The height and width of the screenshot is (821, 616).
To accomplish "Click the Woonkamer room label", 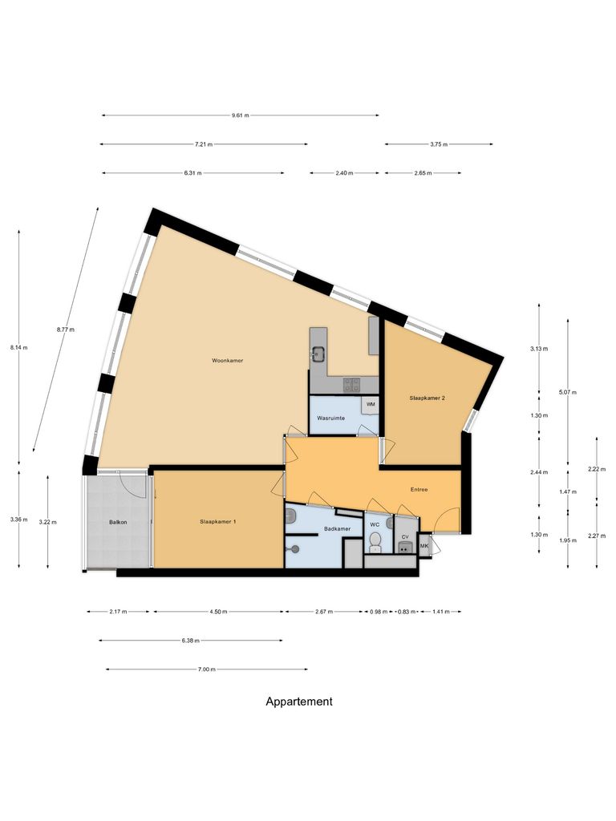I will point(228,361).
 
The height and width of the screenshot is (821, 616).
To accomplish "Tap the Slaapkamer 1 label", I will point(217,522).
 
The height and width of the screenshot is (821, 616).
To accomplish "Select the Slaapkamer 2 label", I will point(426,398).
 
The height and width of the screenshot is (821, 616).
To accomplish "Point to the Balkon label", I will point(119,523).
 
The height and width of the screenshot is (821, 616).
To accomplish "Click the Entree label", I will point(419,489).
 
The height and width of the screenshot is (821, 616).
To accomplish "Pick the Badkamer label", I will point(337,529).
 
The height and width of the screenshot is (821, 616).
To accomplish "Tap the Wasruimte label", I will point(331,419).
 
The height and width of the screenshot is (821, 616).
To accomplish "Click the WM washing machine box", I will point(371,404).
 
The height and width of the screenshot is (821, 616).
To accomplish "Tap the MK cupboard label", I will point(424,547).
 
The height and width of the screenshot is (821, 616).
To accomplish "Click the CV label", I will point(405,536).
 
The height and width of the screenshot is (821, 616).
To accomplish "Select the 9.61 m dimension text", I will point(241,115).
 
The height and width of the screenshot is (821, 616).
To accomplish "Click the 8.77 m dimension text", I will point(66,330).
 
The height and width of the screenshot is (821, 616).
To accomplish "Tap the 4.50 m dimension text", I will point(218,612).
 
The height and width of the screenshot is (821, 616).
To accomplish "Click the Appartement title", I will point(299,702).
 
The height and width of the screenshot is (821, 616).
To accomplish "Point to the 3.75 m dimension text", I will point(439,144).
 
